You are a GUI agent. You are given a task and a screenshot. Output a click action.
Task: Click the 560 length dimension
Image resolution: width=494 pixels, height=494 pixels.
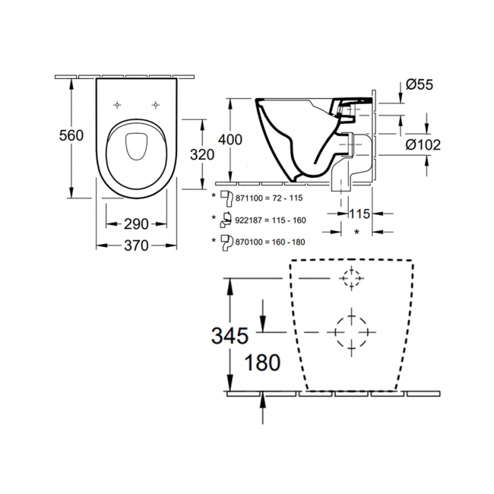pyautogui.click(x=71, y=135)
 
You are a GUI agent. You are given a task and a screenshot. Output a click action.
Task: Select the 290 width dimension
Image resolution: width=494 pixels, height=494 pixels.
pyautogui.click(x=136, y=224)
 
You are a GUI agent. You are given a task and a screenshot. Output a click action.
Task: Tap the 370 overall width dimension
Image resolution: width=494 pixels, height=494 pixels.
pyautogui.click(x=136, y=245)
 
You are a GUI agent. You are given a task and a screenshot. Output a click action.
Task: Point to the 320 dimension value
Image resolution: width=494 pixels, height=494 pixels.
pyautogui.click(x=202, y=155)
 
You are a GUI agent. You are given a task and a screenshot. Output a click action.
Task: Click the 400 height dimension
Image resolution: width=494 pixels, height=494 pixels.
pyautogui.click(x=230, y=140)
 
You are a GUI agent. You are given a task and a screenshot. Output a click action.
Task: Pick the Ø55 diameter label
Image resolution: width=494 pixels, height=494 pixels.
pyautogui.click(x=420, y=84)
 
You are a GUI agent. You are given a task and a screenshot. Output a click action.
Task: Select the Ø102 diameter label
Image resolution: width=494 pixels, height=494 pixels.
pyautogui.click(x=423, y=144)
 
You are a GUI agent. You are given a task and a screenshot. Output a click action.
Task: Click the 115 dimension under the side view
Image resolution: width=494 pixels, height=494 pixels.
pyautogui.click(x=359, y=214)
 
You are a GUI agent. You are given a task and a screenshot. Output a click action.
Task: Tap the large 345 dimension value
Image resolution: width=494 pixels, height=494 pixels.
pyautogui.click(x=230, y=335)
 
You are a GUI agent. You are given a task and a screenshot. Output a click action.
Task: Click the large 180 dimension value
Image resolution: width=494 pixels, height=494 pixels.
pyautogui.click(x=262, y=363)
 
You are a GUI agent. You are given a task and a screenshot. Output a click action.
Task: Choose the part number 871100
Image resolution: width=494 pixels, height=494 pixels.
pyautogui.click(x=249, y=198)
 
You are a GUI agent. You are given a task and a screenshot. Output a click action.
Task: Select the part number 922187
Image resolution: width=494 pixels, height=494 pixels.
pyautogui.click(x=249, y=220)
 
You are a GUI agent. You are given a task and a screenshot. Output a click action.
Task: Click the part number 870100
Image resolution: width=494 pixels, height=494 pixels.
pyautogui.click(x=249, y=242)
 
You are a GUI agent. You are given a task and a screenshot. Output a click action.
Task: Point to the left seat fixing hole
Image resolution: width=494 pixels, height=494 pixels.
pyautogui.click(x=117, y=105)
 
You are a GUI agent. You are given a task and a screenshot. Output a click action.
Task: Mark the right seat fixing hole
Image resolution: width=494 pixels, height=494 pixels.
pyautogui.click(x=155, y=105)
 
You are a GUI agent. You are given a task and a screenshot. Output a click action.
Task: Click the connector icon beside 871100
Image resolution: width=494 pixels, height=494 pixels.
pyautogui.click(x=226, y=198)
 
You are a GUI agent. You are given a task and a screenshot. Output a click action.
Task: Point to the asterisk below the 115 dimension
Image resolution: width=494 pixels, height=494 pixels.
pyautogui.click(x=356, y=233)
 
